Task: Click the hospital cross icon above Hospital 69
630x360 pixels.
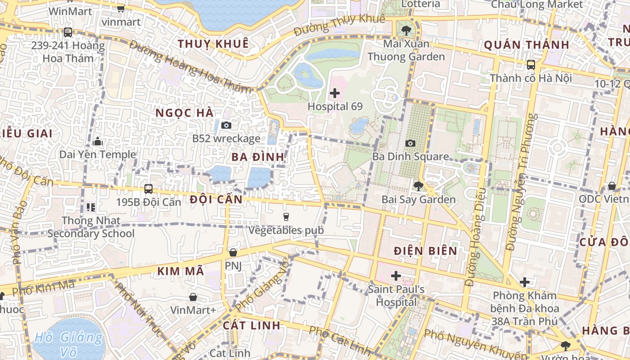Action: (x=335, y=94)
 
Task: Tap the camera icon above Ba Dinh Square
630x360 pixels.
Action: (x=410, y=143)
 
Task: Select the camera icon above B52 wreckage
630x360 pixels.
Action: (x=226, y=125)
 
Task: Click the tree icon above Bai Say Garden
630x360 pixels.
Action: (x=418, y=186)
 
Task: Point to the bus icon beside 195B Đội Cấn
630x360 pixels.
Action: (x=148, y=189)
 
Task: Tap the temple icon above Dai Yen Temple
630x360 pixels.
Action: (x=98, y=142)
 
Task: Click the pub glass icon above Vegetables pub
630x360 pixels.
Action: (x=286, y=217)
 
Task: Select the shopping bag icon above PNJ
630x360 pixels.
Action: (x=233, y=252)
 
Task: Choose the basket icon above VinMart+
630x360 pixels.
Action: (x=193, y=297)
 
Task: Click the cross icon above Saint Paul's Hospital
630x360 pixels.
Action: (x=396, y=275)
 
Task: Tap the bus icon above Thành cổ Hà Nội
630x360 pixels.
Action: (x=531, y=64)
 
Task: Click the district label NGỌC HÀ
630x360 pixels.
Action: (x=184, y=113)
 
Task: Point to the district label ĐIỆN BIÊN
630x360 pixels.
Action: (x=425, y=251)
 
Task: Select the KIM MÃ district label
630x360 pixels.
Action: (x=181, y=271)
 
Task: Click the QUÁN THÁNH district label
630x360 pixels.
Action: (x=526, y=45)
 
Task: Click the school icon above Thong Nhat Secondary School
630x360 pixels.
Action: (x=91, y=207)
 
